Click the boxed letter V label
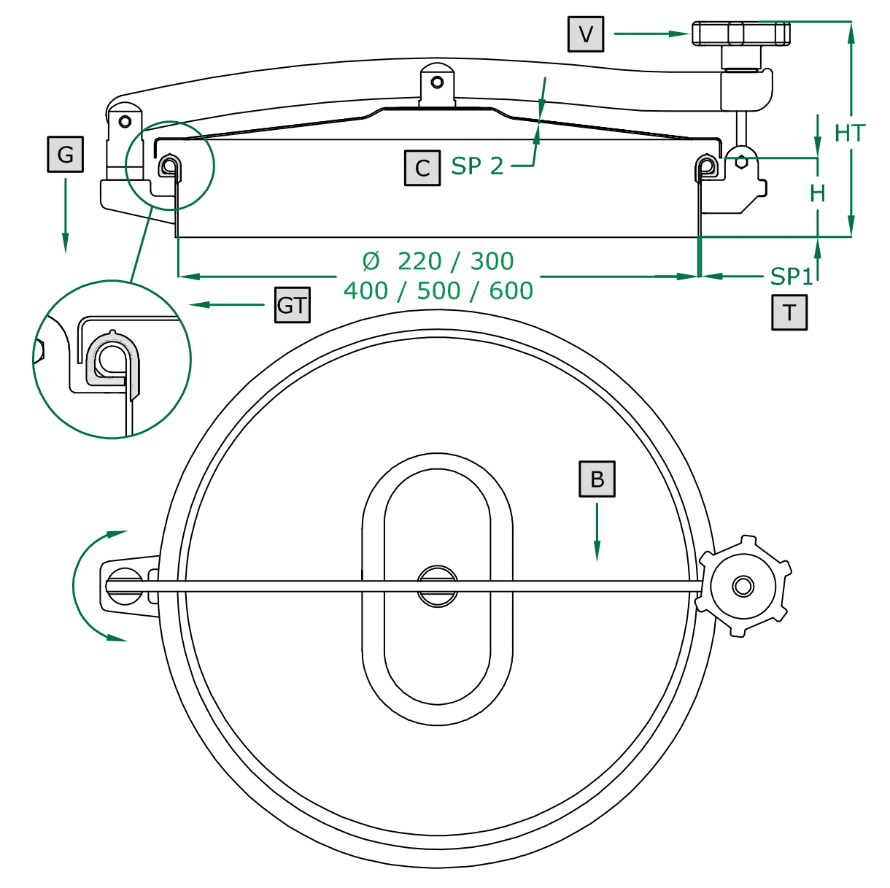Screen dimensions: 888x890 pos(586,34)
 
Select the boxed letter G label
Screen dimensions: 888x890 pos(66,154)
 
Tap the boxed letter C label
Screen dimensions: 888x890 pos(422,168)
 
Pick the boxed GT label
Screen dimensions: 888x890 pos(293,305)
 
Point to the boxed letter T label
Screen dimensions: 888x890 pos(789,312)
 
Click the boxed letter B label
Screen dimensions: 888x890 pos(597,479)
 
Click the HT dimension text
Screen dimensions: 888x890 pos(850,134)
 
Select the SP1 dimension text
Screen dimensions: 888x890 pos(792,277)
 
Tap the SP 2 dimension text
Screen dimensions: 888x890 pos(477,166)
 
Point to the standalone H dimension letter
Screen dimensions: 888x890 pos(818,193)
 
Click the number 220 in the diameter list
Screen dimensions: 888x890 pos(419,260)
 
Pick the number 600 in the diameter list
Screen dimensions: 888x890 pos(511,290)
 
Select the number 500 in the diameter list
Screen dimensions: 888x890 pos(438,290)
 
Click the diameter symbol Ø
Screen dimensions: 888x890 pos(371,260)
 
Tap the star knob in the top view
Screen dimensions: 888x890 pos(743,586)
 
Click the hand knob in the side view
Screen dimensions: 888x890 pos(741,34)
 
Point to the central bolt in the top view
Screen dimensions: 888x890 pos(438,586)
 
